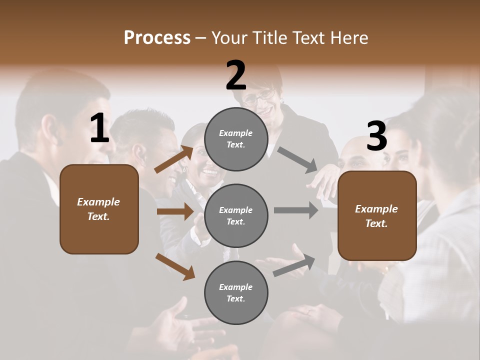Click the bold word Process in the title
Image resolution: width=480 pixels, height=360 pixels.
coord(157,38)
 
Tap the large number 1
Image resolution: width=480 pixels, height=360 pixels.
coord(99,128)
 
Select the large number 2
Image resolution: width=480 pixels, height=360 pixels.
coord(236,76)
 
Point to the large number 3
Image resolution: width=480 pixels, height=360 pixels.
coord(376,136)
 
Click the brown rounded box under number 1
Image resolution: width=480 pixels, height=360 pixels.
coord(99,209)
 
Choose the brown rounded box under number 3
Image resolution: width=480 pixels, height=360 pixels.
coord(377,215)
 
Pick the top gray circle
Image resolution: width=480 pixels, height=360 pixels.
coord(236,139)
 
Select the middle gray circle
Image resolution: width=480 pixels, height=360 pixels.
coord(236,215)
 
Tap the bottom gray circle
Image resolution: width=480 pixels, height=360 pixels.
coord(236,292)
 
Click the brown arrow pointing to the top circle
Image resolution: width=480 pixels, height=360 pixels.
coord(174,158)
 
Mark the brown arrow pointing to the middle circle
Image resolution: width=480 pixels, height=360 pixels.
coord(175,211)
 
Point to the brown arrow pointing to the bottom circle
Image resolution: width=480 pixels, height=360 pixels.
coord(175,266)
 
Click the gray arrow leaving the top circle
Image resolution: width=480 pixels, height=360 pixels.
coord(297,159)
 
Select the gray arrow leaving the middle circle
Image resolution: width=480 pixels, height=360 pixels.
coord(296,210)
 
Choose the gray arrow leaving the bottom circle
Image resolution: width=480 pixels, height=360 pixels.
coord(294,265)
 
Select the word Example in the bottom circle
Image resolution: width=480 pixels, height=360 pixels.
coord(236,287)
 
